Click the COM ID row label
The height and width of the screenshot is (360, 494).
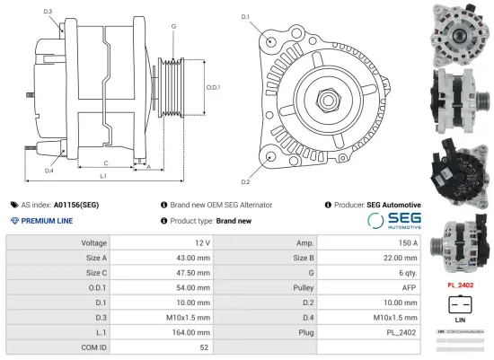(x=94, y=346)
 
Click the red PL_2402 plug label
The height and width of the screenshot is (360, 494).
(x=461, y=285)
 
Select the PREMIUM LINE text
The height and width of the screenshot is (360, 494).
(x=44, y=220)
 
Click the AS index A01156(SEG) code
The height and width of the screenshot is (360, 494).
(x=76, y=205)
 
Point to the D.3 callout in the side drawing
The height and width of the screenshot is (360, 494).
(x=48, y=12)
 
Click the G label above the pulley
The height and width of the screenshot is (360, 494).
(x=173, y=28)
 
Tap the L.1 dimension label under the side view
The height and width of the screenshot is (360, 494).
(x=102, y=177)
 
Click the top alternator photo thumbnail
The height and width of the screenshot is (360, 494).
(x=461, y=31)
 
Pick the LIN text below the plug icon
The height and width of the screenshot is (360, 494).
(x=460, y=320)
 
